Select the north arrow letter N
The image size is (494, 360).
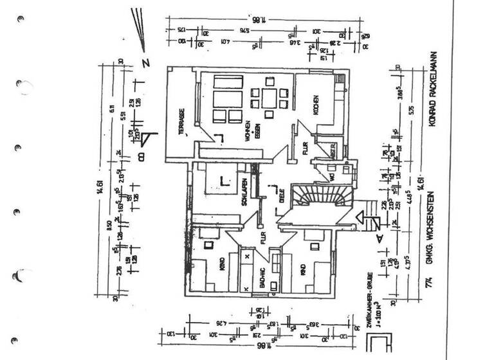click(146, 62)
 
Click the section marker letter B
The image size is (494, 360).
click(142, 154)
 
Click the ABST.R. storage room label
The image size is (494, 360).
click(334, 152)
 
